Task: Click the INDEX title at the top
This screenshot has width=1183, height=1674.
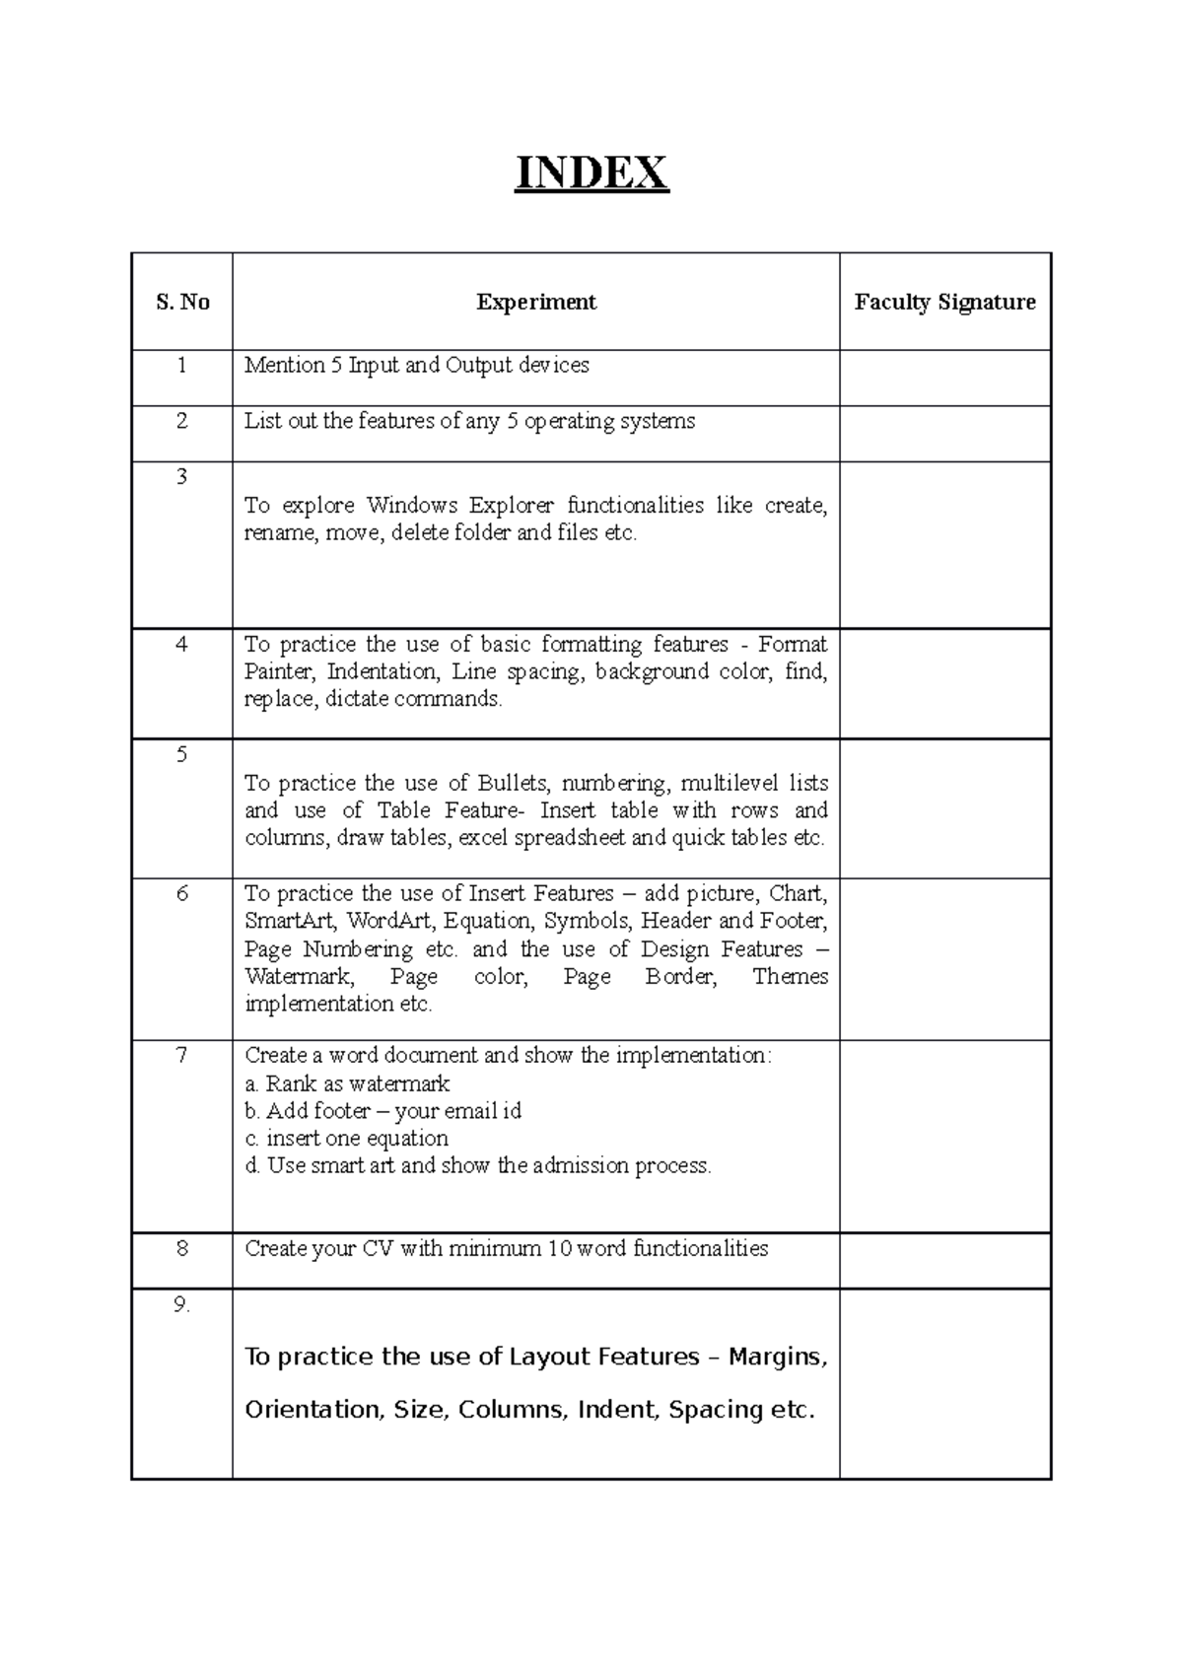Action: click(591, 174)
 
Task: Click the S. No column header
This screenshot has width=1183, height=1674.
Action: click(182, 303)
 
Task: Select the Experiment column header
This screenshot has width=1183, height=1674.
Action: click(536, 303)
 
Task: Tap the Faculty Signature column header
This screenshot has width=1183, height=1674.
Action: click(944, 303)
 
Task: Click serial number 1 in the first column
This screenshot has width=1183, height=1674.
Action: click(182, 366)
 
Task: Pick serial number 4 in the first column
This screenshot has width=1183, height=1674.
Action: click(182, 645)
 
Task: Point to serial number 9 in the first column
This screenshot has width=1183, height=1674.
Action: click(181, 1305)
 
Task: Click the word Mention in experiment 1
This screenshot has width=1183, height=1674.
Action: click(284, 366)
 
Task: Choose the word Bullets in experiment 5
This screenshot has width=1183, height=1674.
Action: click(513, 784)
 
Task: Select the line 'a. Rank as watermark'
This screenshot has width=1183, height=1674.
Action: click(347, 1084)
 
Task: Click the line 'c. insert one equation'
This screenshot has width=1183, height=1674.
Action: click(346, 1139)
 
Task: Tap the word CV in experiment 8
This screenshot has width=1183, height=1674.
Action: click(378, 1249)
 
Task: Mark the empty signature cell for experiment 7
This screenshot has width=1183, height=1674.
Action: click(944, 1136)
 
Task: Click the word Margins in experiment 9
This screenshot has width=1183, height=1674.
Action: click(777, 1358)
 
